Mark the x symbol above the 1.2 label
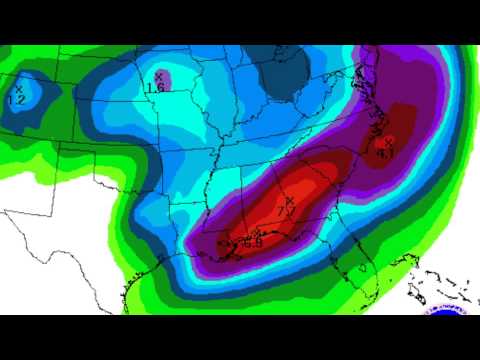[x=18, y=90]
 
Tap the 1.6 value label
[x=155, y=87]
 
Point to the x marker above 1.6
[x=159, y=76]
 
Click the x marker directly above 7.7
[x=288, y=201]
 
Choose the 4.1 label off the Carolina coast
[x=384, y=152]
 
